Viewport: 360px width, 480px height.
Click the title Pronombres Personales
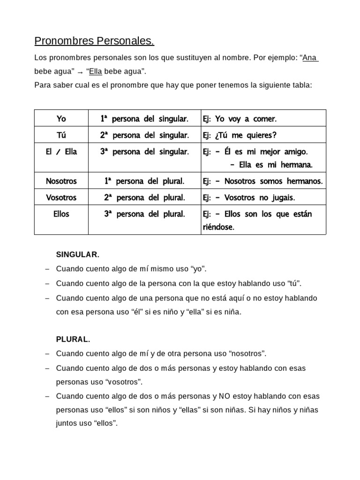pyautogui.click(x=94, y=42)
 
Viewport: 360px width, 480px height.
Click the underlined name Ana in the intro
pyautogui.click(x=310, y=58)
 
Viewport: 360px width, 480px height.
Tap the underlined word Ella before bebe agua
pyautogui.click(x=95, y=72)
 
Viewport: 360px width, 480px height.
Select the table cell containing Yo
pyautogui.click(x=61, y=119)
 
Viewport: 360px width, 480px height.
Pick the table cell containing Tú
pyautogui.click(x=61, y=135)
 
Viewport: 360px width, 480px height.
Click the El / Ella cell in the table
pyautogui.click(x=61, y=152)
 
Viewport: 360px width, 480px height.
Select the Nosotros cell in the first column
pyautogui.click(x=61, y=181)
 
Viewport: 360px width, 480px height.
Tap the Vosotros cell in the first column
pyautogui.click(x=61, y=197)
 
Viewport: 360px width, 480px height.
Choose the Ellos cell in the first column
pyautogui.click(x=61, y=214)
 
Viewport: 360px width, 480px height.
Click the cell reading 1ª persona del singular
pyautogui.click(x=144, y=119)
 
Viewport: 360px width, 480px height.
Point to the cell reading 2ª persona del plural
pyautogui.click(x=144, y=197)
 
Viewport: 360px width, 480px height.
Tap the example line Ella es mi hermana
pyautogui.click(x=272, y=165)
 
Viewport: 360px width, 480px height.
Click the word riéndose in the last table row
pyautogui.click(x=218, y=227)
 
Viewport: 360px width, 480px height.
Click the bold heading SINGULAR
pyautogui.click(x=77, y=255)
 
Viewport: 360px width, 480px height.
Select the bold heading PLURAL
pyautogui.click(x=73, y=339)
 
